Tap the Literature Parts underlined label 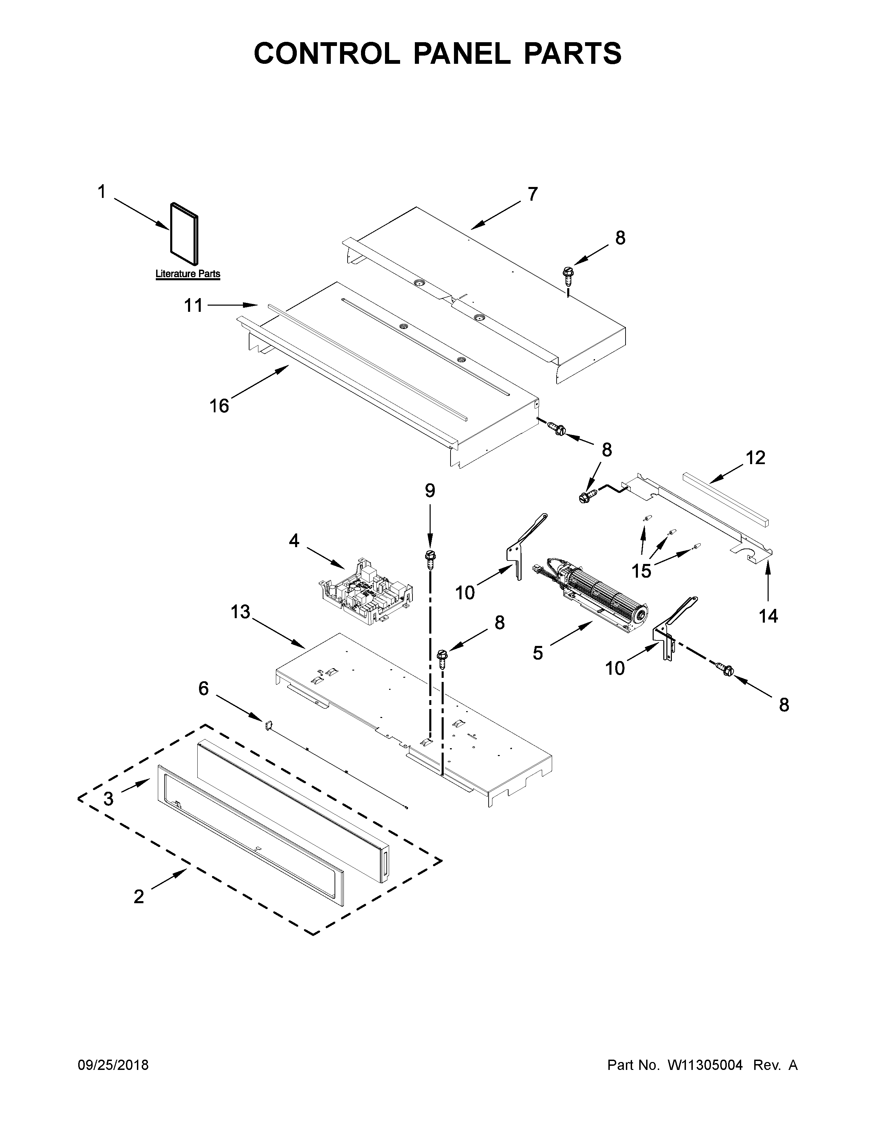click(188, 274)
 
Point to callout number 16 click(219, 406)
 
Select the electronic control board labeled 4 click(365, 591)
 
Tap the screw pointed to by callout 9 click(430, 557)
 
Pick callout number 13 click(241, 612)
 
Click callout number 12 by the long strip click(755, 458)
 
